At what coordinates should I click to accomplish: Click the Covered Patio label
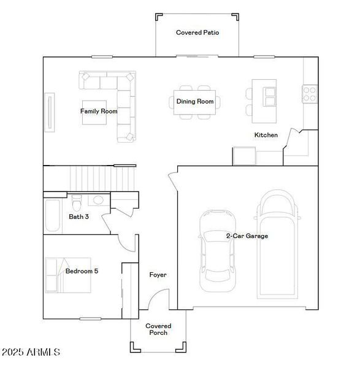pyautogui.click(x=197, y=33)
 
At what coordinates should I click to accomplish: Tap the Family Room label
pyautogui.click(x=98, y=112)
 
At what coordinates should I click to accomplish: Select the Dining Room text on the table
pyautogui.click(x=195, y=101)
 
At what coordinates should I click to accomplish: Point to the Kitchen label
pyautogui.click(x=266, y=135)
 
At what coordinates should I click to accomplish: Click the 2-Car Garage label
pyautogui.click(x=247, y=236)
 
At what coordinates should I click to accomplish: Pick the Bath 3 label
pyautogui.click(x=79, y=217)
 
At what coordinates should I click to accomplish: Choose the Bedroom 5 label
pyautogui.click(x=82, y=270)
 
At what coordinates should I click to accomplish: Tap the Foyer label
pyautogui.click(x=158, y=275)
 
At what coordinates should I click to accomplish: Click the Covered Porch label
pyautogui.click(x=158, y=329)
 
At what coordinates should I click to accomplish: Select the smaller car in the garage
pyautogui.click(x=216, y=251)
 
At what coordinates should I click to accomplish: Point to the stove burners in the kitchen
pyautogui.click(x=310, y=94)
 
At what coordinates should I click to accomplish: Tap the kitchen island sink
pyautogui.click(x=269, y=97)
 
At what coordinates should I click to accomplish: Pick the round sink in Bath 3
pyautogui.click(x=98, y=200)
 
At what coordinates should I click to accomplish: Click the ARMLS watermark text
pyautogui.click(x=31, y=353)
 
